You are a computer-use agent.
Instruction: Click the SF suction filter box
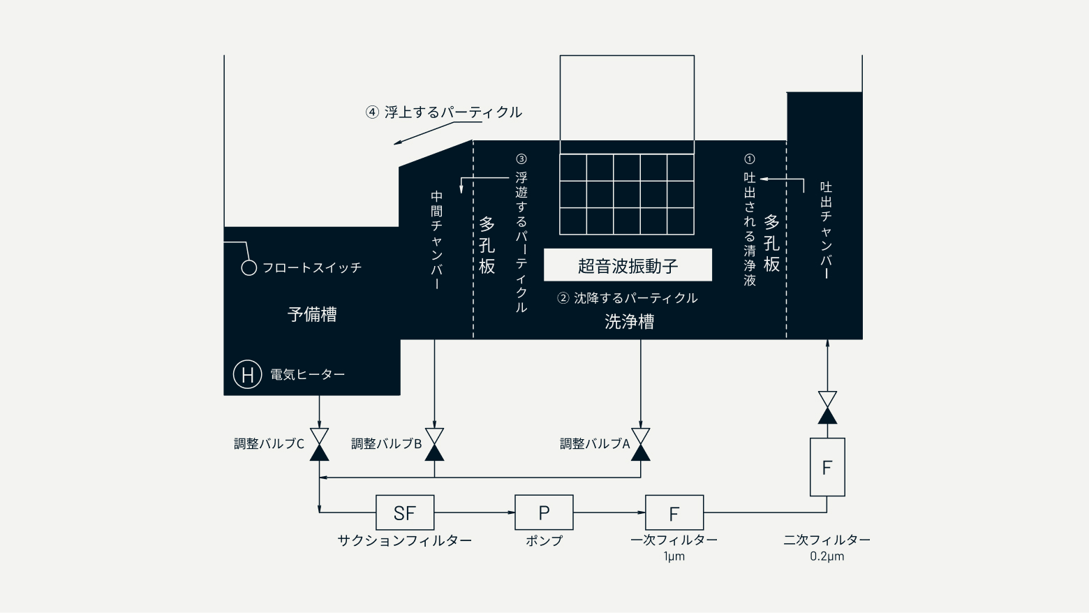coord(405,513)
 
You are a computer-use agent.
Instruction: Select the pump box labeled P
coord(544,512)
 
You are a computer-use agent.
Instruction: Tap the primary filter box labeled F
coord(674,513)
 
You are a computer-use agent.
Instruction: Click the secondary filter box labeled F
coord(827,467)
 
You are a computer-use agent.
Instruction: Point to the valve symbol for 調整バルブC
coord(319,445)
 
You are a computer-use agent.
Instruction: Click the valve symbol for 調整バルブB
coord(434,445)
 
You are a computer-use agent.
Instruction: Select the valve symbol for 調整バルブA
coord(640,445)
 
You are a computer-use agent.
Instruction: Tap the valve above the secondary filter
coord(827,408)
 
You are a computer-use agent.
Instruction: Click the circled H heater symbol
coord(247,374)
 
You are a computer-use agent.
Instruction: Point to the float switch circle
coord(249,267)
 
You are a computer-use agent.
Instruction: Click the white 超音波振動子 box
coord(628,265)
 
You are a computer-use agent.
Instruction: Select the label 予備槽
coord(312,314)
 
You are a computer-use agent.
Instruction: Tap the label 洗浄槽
coord(629,322)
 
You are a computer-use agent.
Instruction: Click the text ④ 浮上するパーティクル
coord(444,112)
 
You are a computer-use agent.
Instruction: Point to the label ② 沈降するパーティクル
coord(628,298)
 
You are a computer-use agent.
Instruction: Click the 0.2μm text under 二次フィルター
coord(827,556)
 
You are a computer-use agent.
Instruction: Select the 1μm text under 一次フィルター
coord(674,556)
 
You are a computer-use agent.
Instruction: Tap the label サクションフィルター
coord(404,540)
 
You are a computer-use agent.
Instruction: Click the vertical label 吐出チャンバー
coord(827,230)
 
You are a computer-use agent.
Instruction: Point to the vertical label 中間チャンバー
coord(436,240)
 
